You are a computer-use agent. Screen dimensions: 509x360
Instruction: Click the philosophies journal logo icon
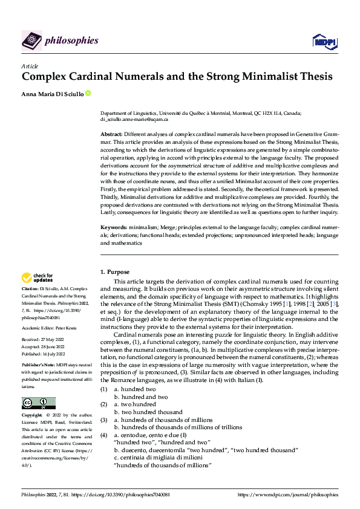[31, 41]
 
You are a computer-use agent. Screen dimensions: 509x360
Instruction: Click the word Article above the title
[30, 66]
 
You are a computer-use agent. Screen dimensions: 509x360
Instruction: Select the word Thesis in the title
[312, 77]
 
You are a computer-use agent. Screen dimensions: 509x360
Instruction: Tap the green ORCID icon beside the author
[88, 93]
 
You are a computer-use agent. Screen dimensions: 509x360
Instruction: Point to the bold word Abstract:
[111, 133]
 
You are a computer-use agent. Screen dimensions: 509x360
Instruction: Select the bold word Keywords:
[114, 227]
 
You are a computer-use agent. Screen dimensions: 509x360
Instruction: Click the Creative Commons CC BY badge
[38, 403]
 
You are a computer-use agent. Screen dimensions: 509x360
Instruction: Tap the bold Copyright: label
[33, 415]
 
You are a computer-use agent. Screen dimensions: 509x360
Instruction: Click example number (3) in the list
[103, 419]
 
